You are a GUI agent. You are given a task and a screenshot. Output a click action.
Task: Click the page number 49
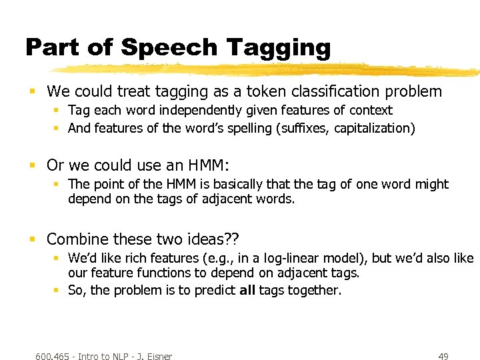point(443,357)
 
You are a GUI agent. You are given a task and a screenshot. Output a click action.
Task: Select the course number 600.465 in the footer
point(53,357)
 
